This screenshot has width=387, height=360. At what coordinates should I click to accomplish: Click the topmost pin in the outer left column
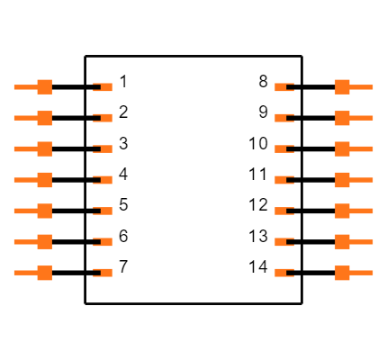43,87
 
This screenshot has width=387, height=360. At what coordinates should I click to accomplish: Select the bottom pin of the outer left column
43,273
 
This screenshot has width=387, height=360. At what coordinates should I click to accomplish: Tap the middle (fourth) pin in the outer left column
43,180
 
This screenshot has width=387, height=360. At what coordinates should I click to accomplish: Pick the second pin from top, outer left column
43,118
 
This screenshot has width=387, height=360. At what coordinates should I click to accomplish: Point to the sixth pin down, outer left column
43,242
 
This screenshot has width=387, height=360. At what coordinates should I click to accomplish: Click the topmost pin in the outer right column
343,87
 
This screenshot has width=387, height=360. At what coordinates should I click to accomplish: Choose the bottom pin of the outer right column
343,273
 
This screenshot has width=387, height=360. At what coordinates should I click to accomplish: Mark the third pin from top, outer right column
343,149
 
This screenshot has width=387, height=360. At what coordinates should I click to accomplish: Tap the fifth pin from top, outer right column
343,211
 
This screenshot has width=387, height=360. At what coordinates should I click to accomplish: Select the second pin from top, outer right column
343,118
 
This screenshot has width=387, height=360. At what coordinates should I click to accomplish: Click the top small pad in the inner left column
104,87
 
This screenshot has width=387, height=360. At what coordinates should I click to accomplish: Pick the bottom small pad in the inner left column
104,273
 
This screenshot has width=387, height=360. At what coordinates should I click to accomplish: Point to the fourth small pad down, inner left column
104,180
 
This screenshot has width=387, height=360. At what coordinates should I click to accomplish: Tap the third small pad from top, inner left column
104,149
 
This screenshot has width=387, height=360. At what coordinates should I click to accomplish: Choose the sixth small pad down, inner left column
104,242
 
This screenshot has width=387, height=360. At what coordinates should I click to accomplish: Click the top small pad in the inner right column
283,87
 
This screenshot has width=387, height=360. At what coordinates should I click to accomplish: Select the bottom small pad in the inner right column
283,273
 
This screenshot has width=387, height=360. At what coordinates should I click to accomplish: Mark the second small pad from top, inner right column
283,118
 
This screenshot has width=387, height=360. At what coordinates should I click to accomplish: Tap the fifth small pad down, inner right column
283,211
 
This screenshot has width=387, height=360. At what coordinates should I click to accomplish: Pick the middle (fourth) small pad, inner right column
283,180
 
